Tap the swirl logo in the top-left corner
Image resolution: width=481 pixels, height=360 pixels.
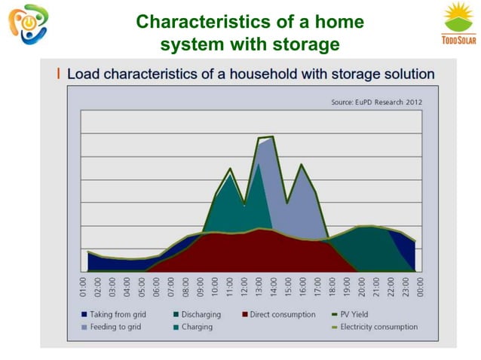pyautogui.click(x=24, y=24)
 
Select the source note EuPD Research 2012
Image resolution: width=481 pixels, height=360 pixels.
pyautogui.click(x=377, y=102)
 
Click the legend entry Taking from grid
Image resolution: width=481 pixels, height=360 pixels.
pyautogui.click(x=116, y=315)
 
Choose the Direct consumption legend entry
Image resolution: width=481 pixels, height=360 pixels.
pyautogui.click(x=278, y=315)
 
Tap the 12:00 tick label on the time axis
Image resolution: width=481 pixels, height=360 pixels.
pyautogui.click(x=244, y=287)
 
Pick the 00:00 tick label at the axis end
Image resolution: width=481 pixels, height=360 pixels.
pyautogui.click(x=420, y=287)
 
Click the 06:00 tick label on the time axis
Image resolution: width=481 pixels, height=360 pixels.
pyautogui.click(x=157, y=287)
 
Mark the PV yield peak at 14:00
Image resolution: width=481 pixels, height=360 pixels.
pyautogui.click(x=272, y=137)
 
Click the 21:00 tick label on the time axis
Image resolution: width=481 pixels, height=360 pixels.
pyautogui.click(x=376, y=287)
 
